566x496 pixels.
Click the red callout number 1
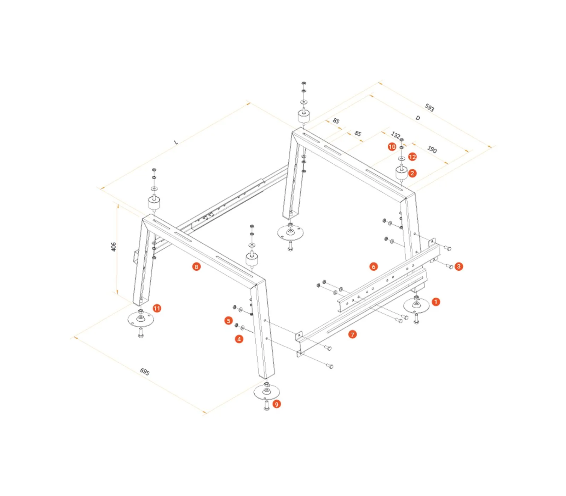tap(436, 302)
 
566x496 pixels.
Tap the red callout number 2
tap(412, 173)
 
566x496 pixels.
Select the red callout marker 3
tap(459, 266)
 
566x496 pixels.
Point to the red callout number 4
tap(239, 339)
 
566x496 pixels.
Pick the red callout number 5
tap(229, 321)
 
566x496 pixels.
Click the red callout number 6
tap(374, 266)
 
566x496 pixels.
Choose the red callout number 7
tap(352, 334)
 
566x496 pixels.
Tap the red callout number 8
tap(196, 266)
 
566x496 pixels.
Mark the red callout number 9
tap(277, 404)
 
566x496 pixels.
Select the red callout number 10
tap(392, 147)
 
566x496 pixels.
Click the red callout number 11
tap(157, 308)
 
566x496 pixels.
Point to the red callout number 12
tap(412, 157)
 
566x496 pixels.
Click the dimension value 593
tap(429, 107)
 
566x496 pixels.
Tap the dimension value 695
tap(145, 372)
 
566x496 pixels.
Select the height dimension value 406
tap(114, 247)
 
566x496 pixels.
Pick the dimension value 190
tap(432, 150)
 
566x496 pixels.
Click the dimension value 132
tap(395, 135)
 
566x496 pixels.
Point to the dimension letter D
tap(418, 118)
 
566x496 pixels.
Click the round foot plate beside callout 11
tap(140, 320)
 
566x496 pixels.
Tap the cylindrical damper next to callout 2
tap(401, 173)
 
